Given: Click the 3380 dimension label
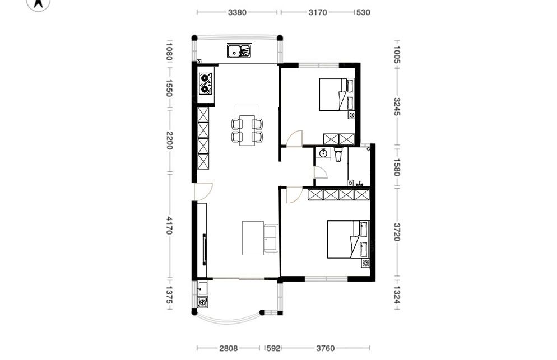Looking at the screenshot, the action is (x=237, y=12).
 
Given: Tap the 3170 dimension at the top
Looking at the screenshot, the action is (x=318, y=12).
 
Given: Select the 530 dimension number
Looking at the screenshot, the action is (x=363, y=12).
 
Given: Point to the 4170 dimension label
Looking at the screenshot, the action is (x=169, y=226).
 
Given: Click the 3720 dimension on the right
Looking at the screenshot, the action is (x=397, y=232).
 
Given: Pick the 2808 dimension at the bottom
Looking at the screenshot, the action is (x=228, y=348).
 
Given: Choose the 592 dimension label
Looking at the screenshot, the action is (x=273, y=348).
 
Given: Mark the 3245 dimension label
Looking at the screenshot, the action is (x=397, y=106).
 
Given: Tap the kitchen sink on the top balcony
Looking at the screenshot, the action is (x=239, y=51).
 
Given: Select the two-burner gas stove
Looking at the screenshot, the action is (x=206, y=84).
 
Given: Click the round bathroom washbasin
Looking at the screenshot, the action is (x=323, y=153).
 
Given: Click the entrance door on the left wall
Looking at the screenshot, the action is (x=203, y=191).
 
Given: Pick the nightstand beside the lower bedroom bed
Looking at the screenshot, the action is (x=365, y=263).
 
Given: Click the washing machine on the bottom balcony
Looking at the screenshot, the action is (x=202, y=302).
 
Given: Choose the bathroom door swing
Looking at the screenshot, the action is (x=321, y=173).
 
